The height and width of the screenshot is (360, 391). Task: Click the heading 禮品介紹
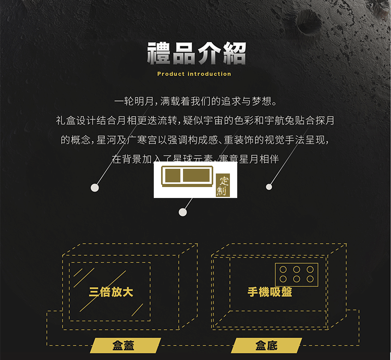196,54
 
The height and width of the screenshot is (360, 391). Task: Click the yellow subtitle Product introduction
194,74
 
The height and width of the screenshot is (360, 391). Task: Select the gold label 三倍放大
111,291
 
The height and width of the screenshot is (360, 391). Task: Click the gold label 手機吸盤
270,292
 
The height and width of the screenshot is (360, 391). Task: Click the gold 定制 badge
223,186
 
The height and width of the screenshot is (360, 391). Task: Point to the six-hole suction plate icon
296,275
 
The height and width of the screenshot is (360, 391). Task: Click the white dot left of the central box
95,188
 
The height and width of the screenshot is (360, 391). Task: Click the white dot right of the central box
269,187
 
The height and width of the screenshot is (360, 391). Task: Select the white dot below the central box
182,212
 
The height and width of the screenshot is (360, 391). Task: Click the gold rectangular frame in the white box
188,176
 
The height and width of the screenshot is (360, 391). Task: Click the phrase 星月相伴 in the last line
260,159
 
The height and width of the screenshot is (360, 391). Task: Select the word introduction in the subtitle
209,74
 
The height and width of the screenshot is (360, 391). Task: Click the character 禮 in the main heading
158,54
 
